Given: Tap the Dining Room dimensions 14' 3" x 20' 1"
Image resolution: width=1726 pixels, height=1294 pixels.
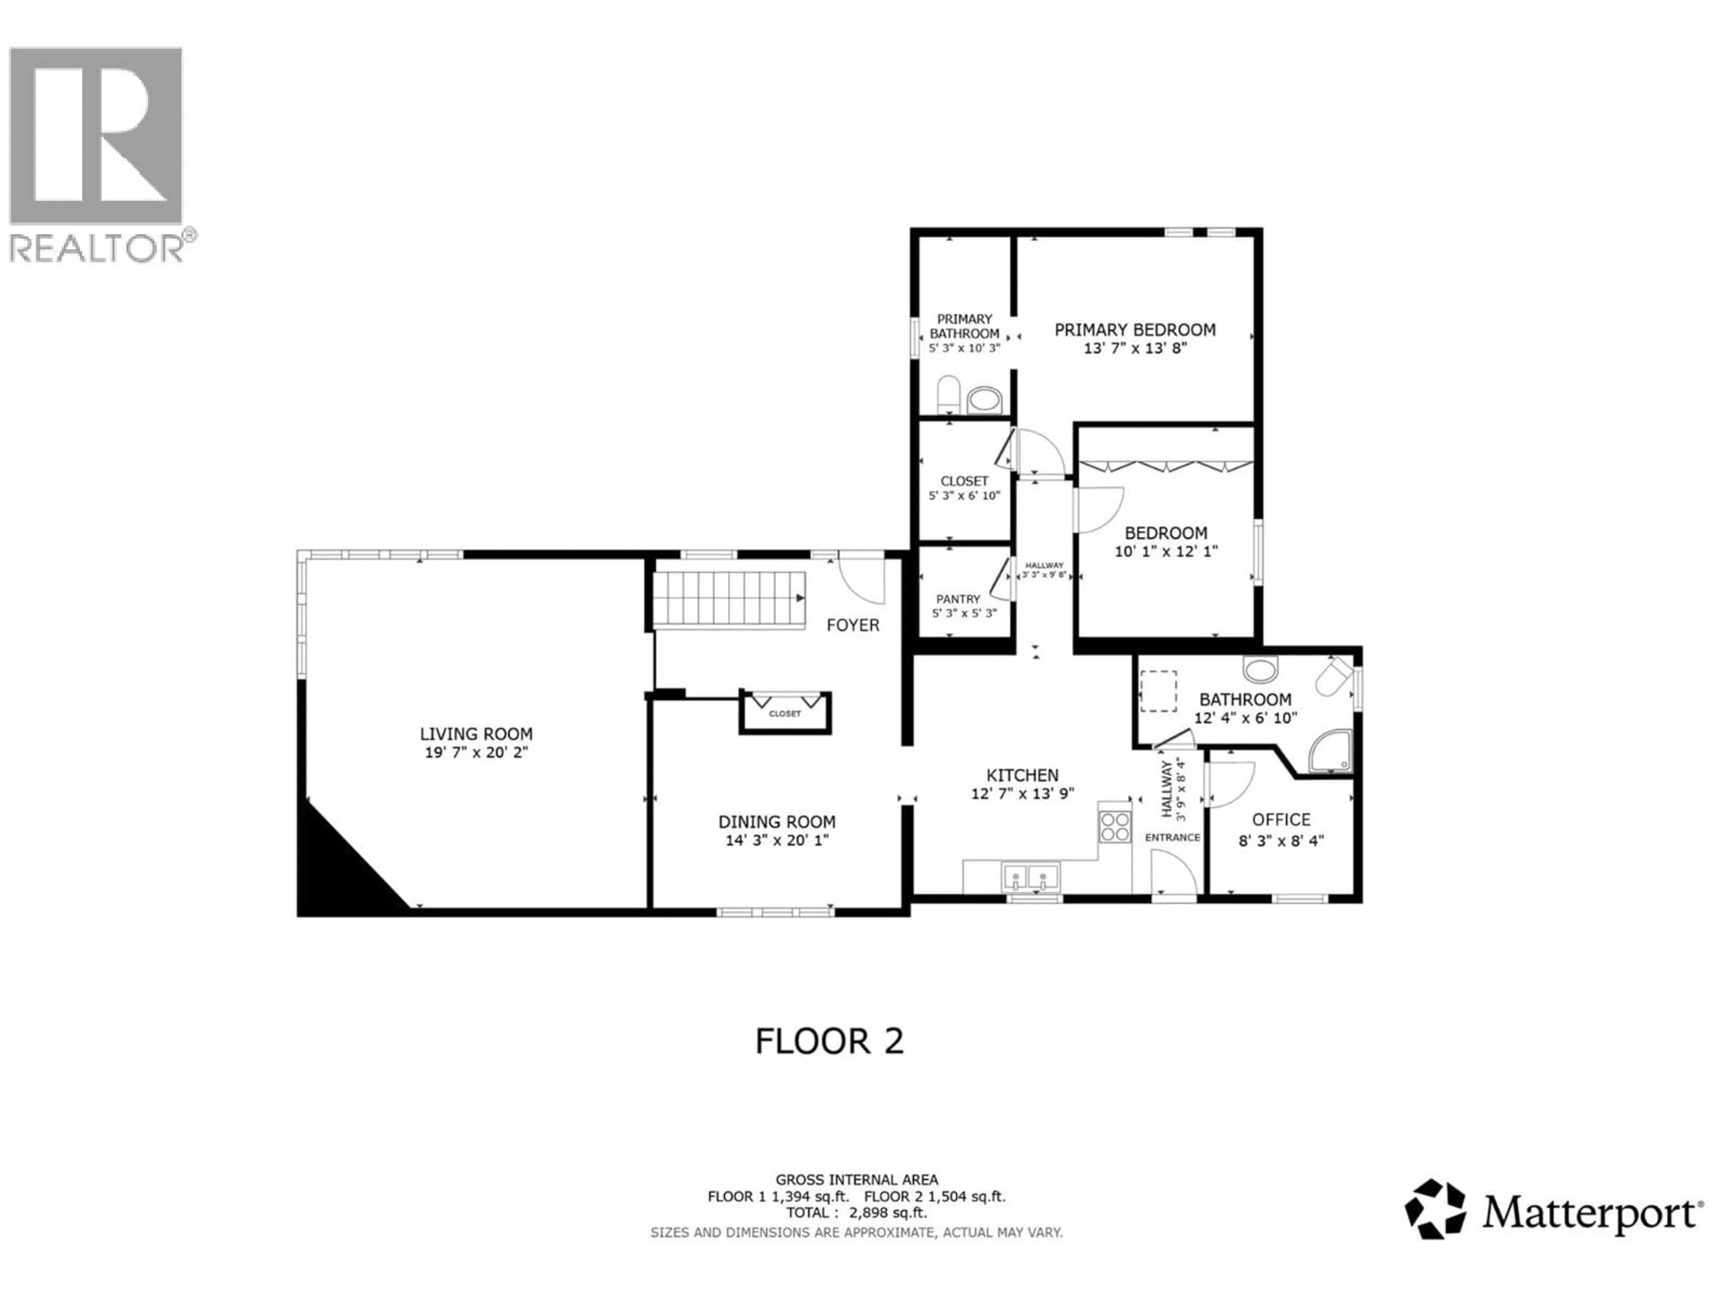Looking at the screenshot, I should (x=776, y=840).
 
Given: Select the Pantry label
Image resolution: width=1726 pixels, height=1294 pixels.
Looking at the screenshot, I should (x=958, y=599).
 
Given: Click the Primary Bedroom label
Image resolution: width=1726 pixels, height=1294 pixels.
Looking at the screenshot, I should (x=1134, y=330).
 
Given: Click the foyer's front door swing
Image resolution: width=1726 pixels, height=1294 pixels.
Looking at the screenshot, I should (x=864, y=577).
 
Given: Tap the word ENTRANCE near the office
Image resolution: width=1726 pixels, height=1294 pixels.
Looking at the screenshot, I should (x=1172, y=837).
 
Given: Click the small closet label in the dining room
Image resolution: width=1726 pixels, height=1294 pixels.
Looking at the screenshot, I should (x=784, y=713).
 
